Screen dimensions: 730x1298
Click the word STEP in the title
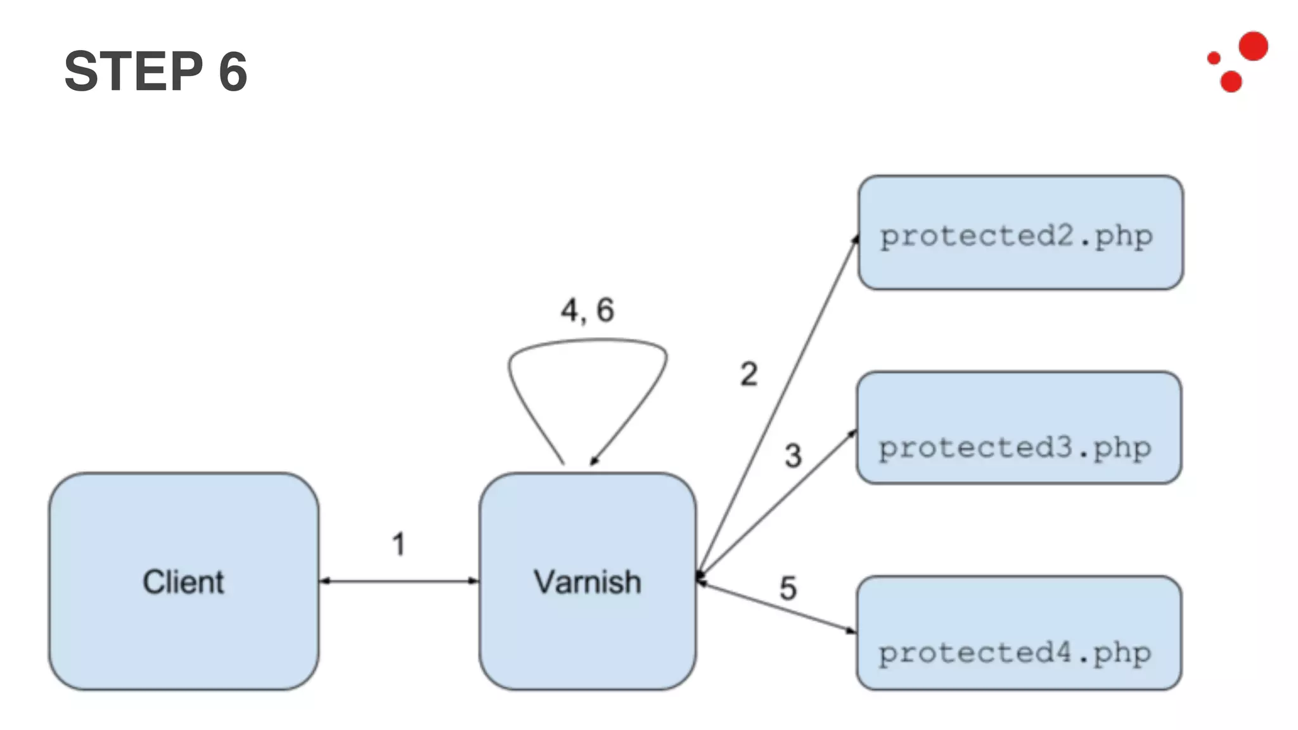tap(133, 71)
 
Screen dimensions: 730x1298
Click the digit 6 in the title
tap(233, 72)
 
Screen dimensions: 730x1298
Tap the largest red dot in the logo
tap(1253, 46)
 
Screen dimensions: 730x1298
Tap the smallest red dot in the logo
tap(1214, 58)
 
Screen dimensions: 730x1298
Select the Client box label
tap(183, 582)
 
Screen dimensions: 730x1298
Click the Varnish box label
tap(587, 582)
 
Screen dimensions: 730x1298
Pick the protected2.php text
tap(1016, 236)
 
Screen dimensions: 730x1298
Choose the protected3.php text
tap(1015, 447)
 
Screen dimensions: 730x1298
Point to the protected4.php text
tap(1015, 653)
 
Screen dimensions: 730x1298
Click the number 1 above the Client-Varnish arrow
tap(398, 544)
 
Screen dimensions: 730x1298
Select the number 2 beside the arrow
tap(749, 374)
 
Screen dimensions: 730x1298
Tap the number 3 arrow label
tap(793, 455)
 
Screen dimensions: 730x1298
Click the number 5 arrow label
tap(788, 588)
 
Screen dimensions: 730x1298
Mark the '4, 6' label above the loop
tap(587, 311)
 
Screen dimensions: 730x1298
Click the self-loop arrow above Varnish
tap(586, 342)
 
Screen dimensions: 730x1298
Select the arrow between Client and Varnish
tap(399, 580)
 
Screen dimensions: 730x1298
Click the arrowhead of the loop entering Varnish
tap(594, 461)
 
